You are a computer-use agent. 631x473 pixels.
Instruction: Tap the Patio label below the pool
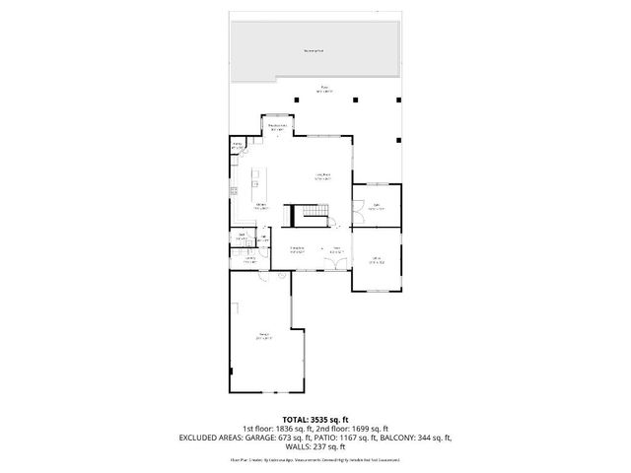coord(324,90)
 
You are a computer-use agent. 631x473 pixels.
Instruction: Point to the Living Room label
coord(321,176)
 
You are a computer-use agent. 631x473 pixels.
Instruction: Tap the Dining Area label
coord(296,248)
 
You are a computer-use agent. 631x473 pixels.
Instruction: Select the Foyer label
coord(336,248)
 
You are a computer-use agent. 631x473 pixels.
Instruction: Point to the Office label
coord(376,260)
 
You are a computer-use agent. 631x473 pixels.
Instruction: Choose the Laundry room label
coord(248,260)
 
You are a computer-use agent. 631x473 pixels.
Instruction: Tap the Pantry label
coord(237,146)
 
